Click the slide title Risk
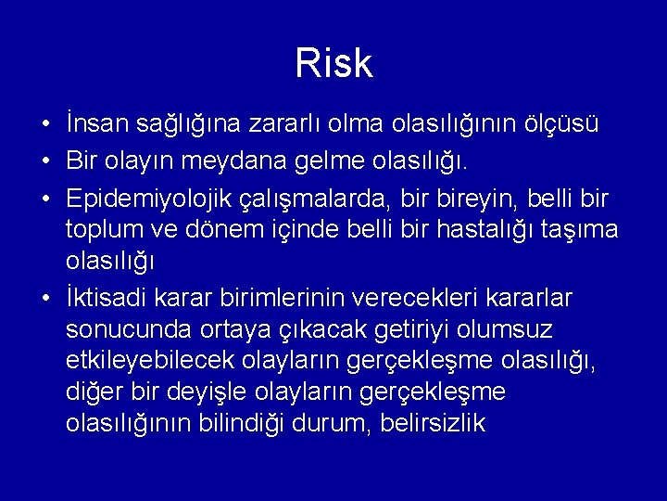pyautogui.click(x=333, y=64)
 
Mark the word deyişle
pyautogui.click(x=256, y=392)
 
